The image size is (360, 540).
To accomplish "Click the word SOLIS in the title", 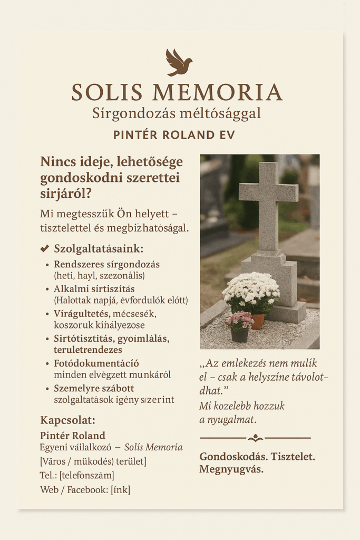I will click(x=107, y=92).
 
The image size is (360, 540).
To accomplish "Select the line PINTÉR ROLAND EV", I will click(x=174, y=134).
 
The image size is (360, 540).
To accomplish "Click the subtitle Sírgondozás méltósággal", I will click(x=176, y=113).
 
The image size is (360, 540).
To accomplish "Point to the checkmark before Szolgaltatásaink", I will click(x=44, y=248).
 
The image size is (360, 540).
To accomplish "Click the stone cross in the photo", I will click(x=268, y=211).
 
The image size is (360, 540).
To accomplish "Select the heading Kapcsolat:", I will click(x=67, y=420).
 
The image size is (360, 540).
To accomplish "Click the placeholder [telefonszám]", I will click(x=86, y=475).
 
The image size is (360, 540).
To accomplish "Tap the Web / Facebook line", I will click(x=85, y=489).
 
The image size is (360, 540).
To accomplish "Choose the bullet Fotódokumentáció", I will click(x=96, y=363).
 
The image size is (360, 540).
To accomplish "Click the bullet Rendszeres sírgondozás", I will click(x=106, y=264).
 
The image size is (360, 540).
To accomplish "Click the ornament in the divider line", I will click(x=255, y=438).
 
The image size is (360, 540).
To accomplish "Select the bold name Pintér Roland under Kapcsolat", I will click(x=72, y=435).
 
